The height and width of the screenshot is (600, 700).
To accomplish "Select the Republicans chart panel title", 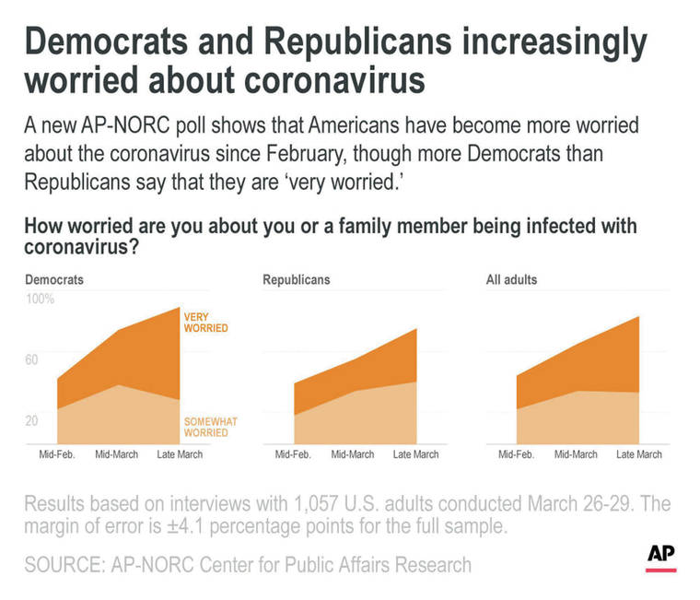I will coord(296,278).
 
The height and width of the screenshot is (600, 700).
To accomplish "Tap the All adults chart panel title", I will coord(511,278).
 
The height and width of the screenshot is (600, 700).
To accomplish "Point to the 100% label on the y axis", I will coord(40,300).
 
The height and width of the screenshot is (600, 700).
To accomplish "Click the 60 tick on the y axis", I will coord(31,359).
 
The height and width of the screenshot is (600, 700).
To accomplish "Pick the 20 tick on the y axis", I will coord(31,421).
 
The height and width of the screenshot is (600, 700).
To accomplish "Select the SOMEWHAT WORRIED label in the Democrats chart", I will coord(211,427).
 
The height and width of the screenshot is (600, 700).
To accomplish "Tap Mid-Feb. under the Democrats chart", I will coord(57,454).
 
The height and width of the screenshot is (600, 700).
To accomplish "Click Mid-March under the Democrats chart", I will coord(116,454).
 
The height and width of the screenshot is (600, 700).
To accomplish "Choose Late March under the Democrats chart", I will coord(180,454).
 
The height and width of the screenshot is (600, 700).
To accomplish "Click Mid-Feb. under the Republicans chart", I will coord(294,454).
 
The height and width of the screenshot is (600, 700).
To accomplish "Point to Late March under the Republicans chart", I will coord(415,454).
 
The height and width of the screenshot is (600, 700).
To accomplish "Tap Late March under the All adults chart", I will coord(638,454).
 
